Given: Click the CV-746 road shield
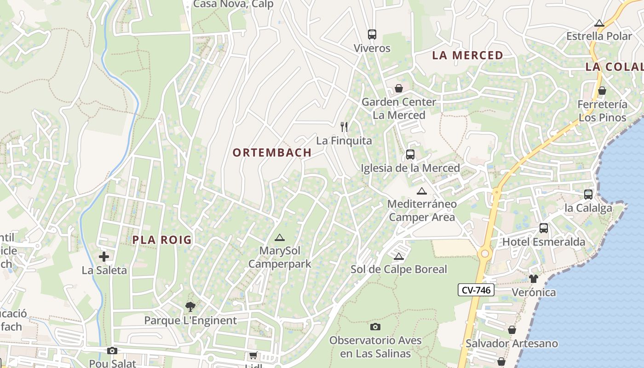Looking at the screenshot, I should (x=476, y=290).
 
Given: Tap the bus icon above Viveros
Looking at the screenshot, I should (x=372, y=34).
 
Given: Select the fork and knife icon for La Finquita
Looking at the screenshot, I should (x=344, y=127).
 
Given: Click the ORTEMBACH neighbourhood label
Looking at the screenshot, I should (x=272, y=153).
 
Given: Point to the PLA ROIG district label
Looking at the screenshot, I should (x=162, y=240).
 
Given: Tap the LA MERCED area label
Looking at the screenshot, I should (x=468, y=56).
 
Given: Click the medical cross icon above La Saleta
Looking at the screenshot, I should (x=104, y=257).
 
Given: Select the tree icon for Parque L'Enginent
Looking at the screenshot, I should (x=190, y=306).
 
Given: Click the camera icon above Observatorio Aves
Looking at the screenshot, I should (x=375, y=327).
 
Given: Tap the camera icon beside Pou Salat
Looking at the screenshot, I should (x=112, y=351).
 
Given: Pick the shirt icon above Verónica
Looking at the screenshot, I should (x=534, y=278).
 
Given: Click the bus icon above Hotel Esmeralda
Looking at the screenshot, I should (x=544, y=228).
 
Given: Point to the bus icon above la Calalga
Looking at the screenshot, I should (x=588, y=194).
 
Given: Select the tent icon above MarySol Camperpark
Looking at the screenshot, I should (x=279, y=238).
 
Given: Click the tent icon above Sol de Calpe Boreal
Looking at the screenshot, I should (x=399, y=256).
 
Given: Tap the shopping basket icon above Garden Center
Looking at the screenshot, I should (x=399, y=88).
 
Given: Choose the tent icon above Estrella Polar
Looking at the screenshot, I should (x=599, y=23).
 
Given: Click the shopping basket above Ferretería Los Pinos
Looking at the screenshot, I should (x=602, y=91).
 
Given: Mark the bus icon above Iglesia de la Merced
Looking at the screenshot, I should (x=410, y=155).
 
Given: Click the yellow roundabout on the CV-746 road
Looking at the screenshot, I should (x=484, y=253).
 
